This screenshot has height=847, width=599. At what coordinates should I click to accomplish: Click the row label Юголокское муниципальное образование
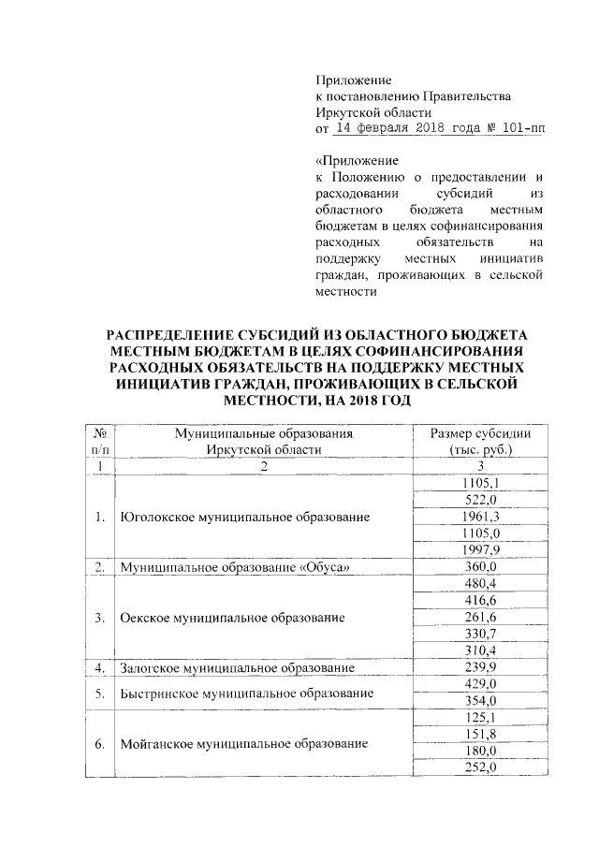tap(240, 517)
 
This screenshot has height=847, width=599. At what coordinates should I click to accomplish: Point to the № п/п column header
tap(98, 441)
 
